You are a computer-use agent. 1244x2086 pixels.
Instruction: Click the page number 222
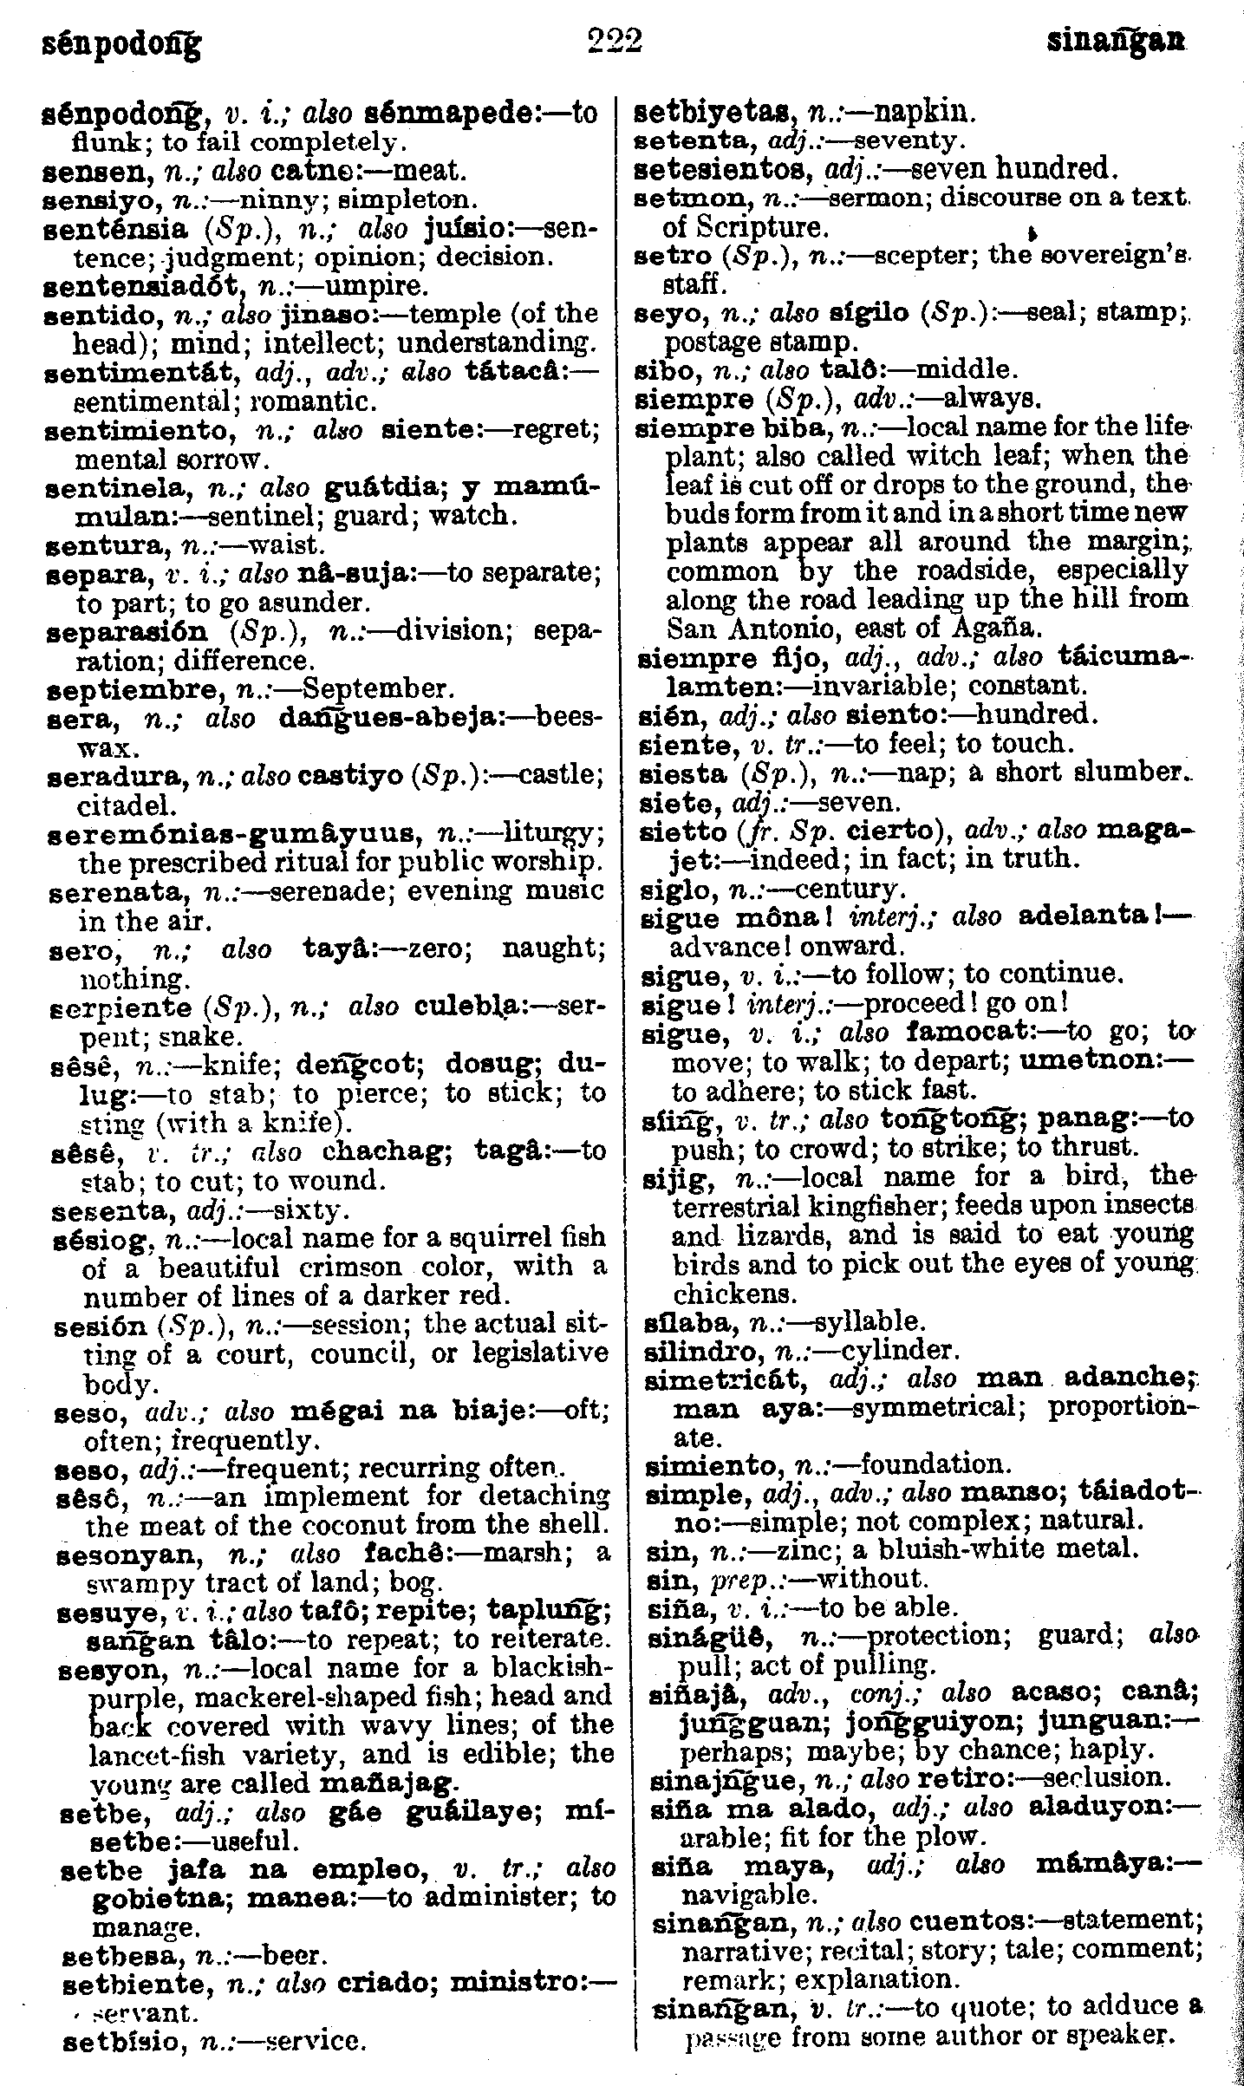(x=614, y=41)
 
